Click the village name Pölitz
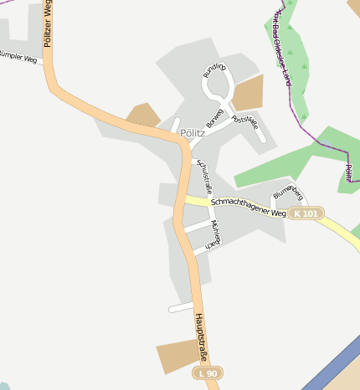[193, 132]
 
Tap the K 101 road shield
[306, 213]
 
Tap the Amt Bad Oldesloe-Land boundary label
[282, 46]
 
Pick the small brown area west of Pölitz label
[143, 115]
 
